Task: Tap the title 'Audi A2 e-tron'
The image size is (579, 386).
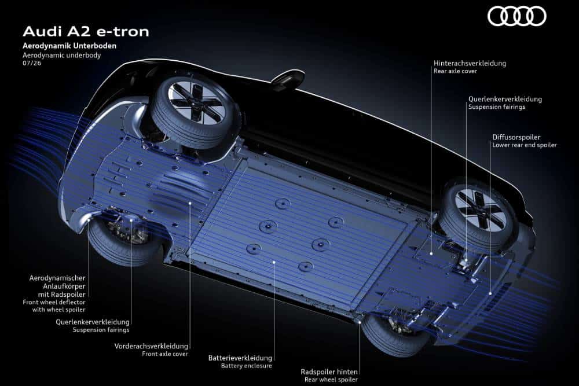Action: click(x=86, y=31)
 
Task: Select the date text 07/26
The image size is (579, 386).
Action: click(x=32, y=63)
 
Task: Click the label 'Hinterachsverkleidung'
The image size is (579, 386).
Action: click(x=470, y=64)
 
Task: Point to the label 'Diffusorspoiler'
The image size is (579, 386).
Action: click(x=516, y=137)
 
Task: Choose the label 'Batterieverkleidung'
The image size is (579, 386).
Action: click(x=240, y=358)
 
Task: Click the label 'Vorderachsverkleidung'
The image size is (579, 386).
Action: click(x=151, y=346)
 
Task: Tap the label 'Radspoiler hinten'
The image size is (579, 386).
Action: click(x=329, y=372)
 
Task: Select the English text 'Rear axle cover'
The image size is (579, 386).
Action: click(x=455, y=71)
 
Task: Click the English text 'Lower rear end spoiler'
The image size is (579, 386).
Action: click(x=525, y=145)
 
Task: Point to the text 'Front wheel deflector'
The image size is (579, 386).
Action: click(x=54, y=302)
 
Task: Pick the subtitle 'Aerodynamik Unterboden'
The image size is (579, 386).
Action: click(x=69, y=46)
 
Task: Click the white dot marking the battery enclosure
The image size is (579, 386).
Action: click(x=274, y=262)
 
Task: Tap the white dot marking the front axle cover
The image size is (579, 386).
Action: click(x=190, y=203)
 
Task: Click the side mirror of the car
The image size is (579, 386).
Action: click(x=288, y=80)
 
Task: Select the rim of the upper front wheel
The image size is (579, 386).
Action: click(x=195, y=101)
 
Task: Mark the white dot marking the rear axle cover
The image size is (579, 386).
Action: click(x=431, y=253)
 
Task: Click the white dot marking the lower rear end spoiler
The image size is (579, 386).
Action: click(x=490, y=294)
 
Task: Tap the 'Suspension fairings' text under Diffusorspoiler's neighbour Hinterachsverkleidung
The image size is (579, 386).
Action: click(x=497, y=107)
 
